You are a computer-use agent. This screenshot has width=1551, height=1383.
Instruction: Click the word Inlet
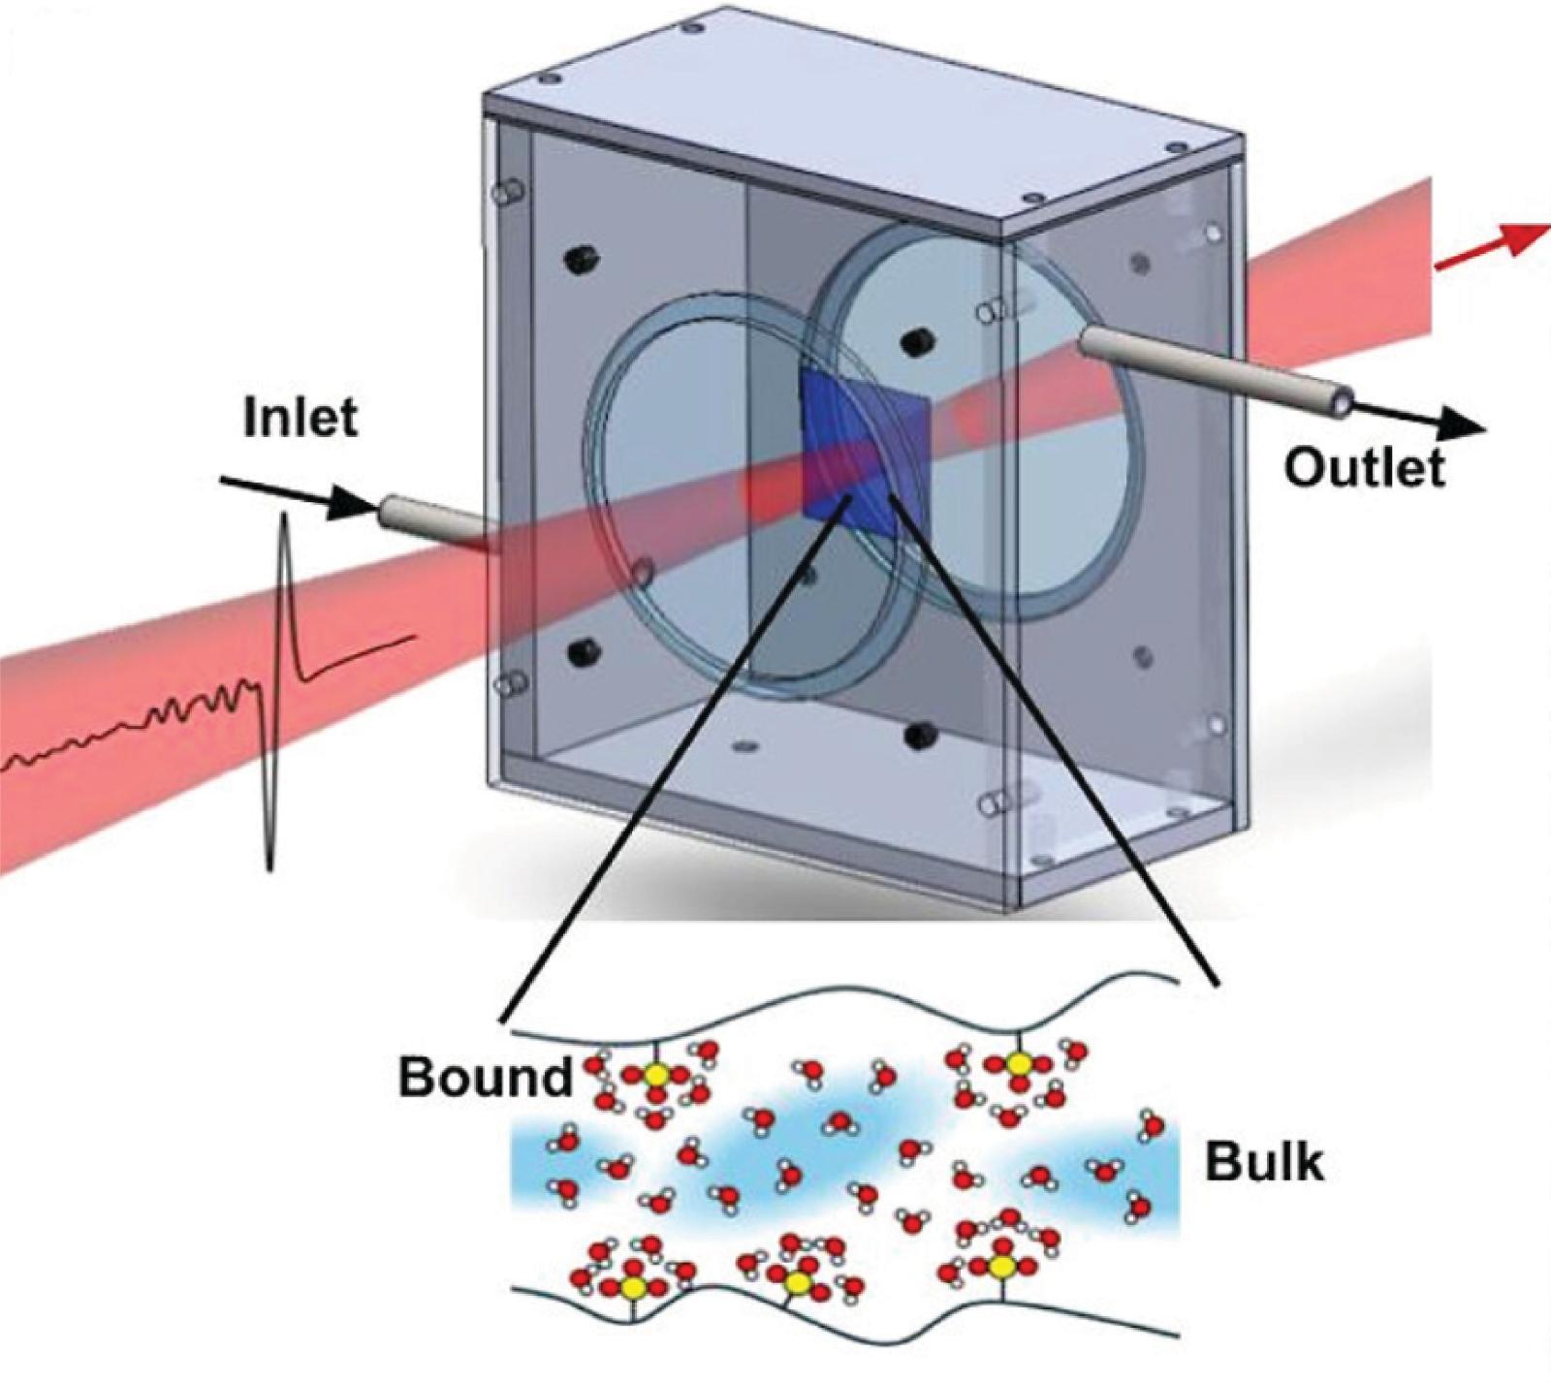point(301,418)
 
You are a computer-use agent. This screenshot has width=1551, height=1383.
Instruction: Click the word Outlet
point(1364,467)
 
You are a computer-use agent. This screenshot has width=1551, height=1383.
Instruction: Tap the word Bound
point(486,1077)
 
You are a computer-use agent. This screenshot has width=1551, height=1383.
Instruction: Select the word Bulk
point(1264,1160)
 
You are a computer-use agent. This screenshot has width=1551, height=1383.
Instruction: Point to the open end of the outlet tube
point(1344,401)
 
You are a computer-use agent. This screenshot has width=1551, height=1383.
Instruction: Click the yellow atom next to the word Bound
point(657,1075)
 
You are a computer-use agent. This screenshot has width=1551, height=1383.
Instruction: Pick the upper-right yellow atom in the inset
point(1017,1063)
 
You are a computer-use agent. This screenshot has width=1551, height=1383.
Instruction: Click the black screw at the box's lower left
point(583,647)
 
